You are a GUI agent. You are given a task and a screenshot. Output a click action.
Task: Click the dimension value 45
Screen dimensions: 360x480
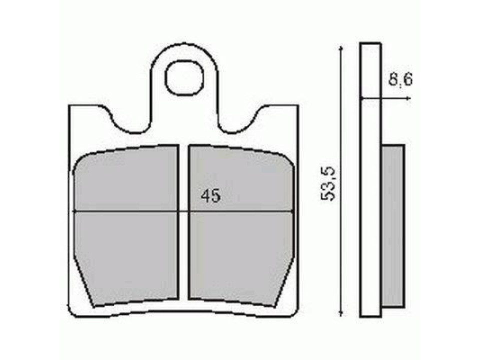coord(210,196)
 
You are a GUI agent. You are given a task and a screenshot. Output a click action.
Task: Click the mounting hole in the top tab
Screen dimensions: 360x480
coord(184,78)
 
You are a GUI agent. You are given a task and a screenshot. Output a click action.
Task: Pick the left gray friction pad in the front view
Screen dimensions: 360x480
coord(126,225)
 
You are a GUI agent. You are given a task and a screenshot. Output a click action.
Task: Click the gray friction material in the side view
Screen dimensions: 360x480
coord(392,225)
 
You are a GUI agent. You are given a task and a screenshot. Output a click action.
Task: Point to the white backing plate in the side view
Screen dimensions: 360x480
coord(370,180)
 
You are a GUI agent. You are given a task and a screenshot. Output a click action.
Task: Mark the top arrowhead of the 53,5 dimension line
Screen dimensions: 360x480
coord(341,46)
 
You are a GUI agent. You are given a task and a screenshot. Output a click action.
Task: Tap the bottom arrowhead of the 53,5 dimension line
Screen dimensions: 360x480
coord(341,313)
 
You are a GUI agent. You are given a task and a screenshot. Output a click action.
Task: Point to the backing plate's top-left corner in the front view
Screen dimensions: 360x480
coord(70,106)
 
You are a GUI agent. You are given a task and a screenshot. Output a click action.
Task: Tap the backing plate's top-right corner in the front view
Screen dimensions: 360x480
coord(298,106)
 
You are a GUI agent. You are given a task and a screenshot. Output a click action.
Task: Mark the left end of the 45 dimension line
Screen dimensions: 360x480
coord(74,211)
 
